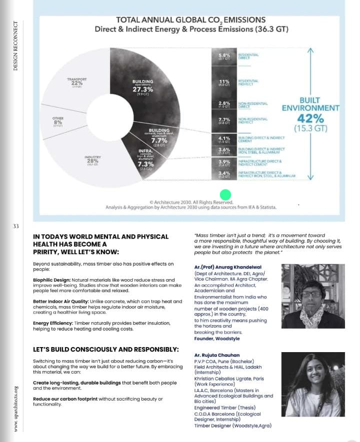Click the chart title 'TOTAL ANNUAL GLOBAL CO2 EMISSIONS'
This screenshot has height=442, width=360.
point(190,20)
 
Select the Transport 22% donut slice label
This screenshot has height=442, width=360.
point(76,82)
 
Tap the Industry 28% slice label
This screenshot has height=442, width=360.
point(93,160)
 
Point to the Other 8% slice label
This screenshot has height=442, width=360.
point(58,121)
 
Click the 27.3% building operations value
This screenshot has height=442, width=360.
point(143,89)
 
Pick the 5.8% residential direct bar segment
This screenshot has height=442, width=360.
point(224,57)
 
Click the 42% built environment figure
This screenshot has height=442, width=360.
point(310,119)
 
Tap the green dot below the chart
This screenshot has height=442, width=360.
point(225,195)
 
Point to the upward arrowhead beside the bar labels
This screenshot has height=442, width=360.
point(310,51)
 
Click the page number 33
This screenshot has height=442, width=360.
point(15,226)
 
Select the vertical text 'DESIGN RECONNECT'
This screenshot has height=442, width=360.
point(15,45)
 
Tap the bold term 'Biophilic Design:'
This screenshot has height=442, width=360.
point(52,280)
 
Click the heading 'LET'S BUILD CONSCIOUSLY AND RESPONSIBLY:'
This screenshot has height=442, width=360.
point(105,349)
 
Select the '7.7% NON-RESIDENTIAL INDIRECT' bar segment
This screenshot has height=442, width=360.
point(224,120)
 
